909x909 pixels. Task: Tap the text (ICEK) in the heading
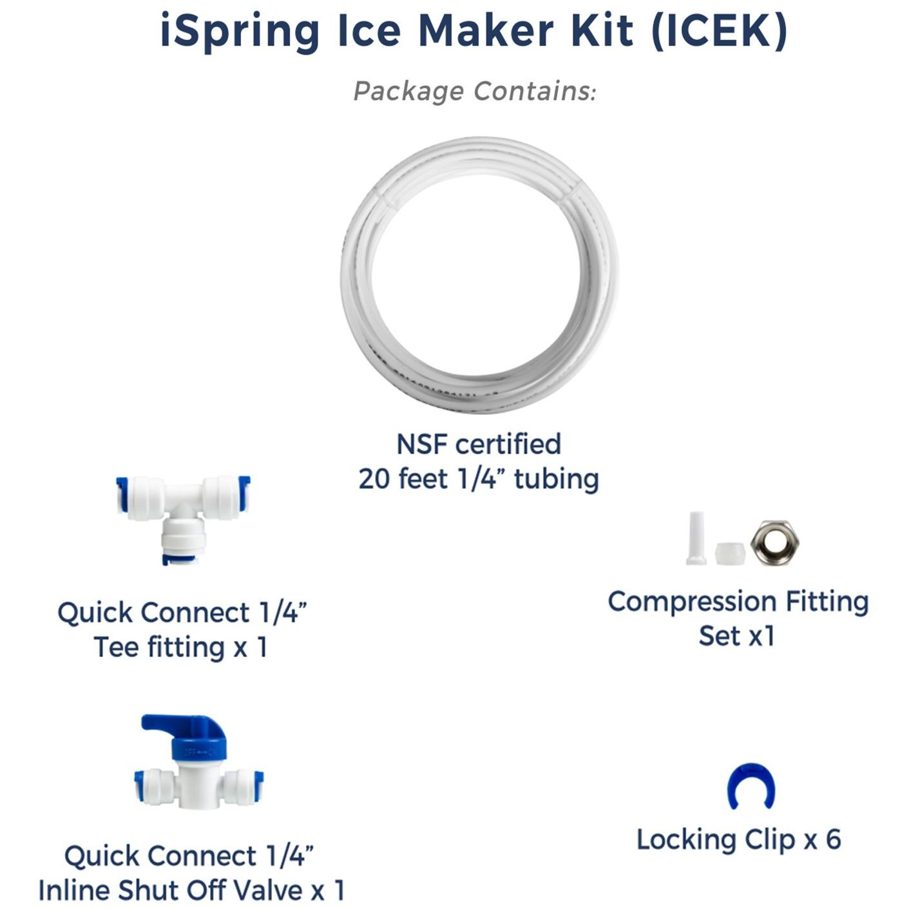[x=719, y=30]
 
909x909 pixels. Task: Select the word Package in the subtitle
[x=408, y=91]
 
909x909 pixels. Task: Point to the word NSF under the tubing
[x=423, y=445]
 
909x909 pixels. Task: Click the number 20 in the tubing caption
[x=374, y=479]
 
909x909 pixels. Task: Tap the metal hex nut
[x=774, y=543]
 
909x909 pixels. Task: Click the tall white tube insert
[x=696, y=538]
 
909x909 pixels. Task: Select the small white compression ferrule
[x=730, y=553]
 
